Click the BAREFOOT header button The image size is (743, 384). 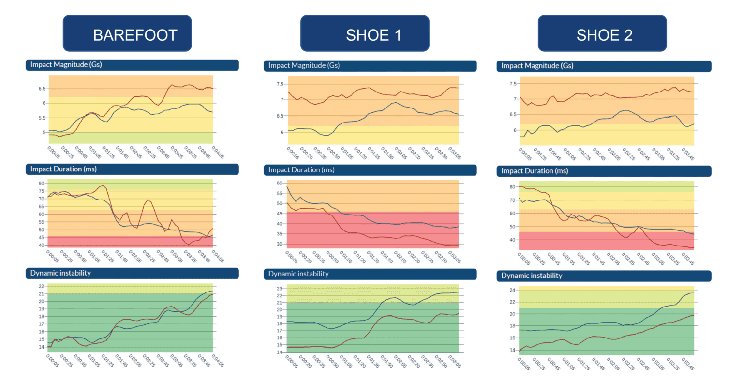(127, 34)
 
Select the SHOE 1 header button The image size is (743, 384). (365, 34)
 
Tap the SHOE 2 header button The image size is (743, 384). (602, 34)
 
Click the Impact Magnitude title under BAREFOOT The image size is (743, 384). (66, 65)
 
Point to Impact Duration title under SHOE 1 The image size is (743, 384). (301, 170)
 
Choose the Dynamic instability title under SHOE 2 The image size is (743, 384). (532, 276)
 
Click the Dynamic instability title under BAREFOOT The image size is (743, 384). (60, 273)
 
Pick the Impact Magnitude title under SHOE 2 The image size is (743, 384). (537, 66)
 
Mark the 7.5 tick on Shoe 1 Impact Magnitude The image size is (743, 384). (279, 84)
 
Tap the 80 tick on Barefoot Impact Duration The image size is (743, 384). (42, 184)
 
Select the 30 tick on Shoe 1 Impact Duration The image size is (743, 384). (280, 244)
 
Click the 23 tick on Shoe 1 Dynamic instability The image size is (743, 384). (280, 289)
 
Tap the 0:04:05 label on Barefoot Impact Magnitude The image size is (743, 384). (218, 154)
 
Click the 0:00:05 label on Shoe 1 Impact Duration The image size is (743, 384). (292, 257)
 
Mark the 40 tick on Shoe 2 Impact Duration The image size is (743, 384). (512, 240)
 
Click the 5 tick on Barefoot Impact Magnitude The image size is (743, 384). (43, 132)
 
